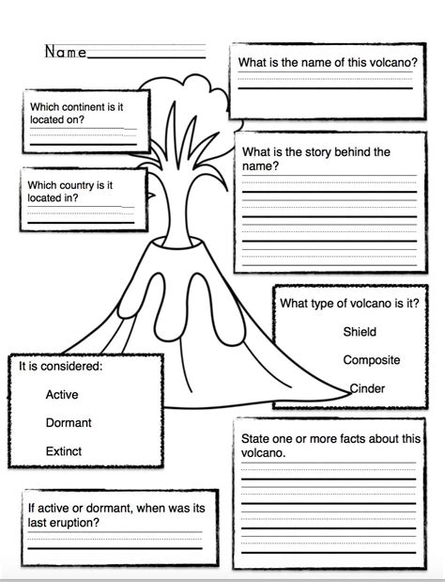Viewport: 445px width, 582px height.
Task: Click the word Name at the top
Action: pos(66,52)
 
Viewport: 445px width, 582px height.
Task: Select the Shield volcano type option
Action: pos(360,332)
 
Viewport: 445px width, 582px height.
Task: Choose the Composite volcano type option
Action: pos(371,360)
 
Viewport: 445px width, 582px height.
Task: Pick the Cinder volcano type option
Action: pos(367,388)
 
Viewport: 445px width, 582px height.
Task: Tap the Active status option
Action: pos(62,394)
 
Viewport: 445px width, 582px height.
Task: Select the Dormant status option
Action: pos(69,422)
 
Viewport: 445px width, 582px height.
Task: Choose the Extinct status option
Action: pos(64,451)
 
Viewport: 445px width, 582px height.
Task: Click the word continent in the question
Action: pos(82,107)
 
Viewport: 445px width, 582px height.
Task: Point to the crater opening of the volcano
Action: pos(177,244)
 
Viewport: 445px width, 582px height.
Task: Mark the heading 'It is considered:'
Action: pos(61,366)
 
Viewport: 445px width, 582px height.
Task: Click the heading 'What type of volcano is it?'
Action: pos(349,304)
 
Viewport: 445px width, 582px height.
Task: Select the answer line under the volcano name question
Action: pos(326,88)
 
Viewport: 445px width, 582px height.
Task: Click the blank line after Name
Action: pos(146,57)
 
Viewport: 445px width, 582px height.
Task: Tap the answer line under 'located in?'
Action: pos(81,223)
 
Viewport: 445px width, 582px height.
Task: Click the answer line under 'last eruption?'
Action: pos(115,548)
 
